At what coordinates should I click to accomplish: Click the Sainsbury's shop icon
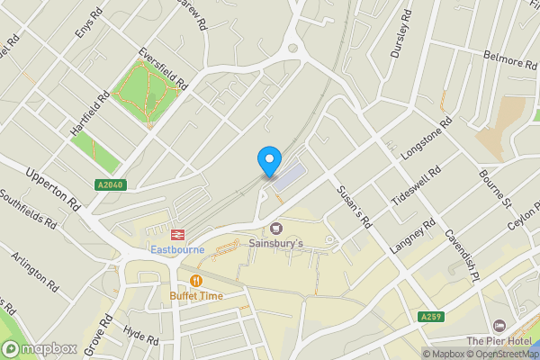[x=276, y=229]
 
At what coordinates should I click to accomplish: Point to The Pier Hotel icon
[x=499, y=325]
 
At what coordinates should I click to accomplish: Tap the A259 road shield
[x=431, y=316]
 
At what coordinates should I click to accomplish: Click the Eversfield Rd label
[x=162, y=69]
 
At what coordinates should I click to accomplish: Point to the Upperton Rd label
[x=53, y=189]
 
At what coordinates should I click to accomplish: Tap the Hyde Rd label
[x=139, y=337]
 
